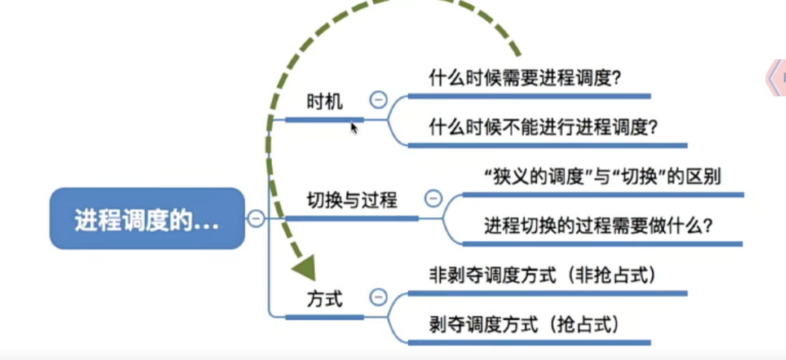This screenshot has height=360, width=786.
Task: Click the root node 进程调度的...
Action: tap(147, 219)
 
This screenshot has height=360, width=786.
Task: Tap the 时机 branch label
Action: tap(325, 102)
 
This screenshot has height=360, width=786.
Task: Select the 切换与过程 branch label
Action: tap(352, 201)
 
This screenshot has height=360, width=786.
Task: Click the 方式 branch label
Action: tap(325, 300)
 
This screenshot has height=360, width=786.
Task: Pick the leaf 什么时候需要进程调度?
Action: tap(525, 79)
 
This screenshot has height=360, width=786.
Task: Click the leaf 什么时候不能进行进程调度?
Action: tap(544, 128)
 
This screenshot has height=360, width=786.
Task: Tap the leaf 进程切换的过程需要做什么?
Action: tap(598, 226)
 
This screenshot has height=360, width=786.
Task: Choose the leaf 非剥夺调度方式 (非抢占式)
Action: tap(542, 275)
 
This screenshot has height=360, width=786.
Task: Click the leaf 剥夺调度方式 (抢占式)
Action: tap(524, 325)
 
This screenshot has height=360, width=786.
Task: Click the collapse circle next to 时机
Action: tap(378, 100)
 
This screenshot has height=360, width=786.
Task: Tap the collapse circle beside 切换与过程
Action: tap(434, 199)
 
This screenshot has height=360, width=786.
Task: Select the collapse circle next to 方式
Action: tap(378, 297)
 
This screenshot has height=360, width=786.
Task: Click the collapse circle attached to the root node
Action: tap(255, 219)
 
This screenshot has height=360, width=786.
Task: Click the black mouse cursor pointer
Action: tap(354, 128)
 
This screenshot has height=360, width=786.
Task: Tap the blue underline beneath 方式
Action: tap(324, 317)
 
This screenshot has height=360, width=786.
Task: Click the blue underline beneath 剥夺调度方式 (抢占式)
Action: tap(529, 342)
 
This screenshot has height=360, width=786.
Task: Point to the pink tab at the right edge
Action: tap(776, 78)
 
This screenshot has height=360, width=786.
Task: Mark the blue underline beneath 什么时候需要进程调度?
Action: tap(529, 96)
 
